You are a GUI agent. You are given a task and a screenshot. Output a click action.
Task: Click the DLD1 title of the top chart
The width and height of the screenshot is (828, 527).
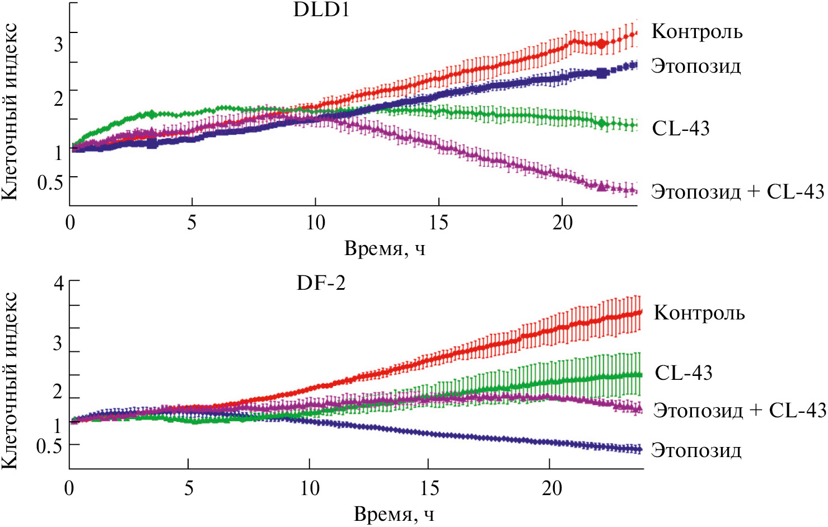(321, 10)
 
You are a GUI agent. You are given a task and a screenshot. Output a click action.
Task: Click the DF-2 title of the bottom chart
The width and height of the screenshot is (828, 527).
(321, 283)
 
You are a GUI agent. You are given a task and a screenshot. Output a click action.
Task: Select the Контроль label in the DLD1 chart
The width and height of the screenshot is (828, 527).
(697, 32)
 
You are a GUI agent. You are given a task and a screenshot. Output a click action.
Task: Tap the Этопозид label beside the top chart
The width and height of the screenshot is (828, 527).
(696, 67)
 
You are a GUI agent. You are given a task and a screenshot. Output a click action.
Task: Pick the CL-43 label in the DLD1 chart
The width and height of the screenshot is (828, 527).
(681, 129)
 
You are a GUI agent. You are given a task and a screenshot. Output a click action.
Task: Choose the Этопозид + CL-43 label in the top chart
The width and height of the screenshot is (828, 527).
(737, 192)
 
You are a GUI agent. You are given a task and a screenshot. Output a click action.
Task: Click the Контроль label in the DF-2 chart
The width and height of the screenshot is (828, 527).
(699, 313)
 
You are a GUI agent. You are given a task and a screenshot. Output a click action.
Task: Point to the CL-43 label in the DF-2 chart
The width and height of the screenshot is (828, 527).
(684, 373)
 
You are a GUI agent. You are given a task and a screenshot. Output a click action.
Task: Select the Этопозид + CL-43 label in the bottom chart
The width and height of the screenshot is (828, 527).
(740, 410)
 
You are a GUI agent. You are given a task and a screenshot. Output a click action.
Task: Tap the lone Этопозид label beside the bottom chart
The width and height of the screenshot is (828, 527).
(696, 450)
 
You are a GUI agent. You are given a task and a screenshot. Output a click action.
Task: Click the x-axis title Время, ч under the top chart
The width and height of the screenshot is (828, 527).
(385, 248)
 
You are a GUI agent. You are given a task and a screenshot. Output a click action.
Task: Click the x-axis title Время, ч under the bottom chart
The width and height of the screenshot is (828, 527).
(394, 514)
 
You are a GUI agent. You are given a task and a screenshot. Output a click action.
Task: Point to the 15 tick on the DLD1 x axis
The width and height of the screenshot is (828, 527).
(439, 223)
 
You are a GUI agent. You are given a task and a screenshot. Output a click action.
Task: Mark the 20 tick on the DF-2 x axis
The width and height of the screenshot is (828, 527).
(552, 488)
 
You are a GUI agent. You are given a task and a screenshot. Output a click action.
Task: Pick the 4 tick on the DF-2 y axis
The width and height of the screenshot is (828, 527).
(59, 283)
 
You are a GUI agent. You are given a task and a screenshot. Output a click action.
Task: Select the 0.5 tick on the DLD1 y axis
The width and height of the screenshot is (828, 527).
(50, 182)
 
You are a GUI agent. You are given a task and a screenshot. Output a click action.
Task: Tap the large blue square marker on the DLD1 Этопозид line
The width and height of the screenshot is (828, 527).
(602, 72)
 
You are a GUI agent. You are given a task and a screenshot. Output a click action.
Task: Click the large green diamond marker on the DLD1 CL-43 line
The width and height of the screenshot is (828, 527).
(602, 123)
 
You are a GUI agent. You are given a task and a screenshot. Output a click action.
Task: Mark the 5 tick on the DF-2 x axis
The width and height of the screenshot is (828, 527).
(189, 488)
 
